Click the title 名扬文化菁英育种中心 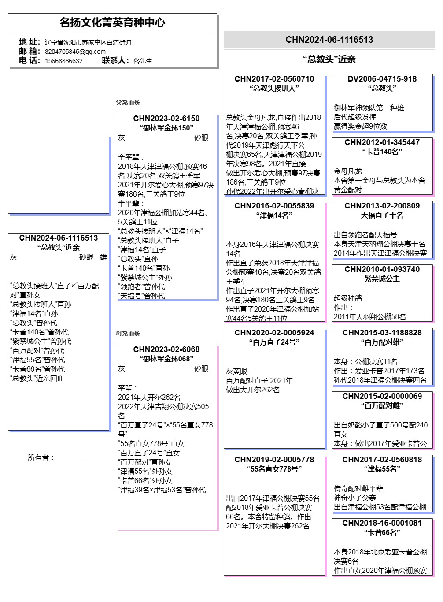click(112, 22)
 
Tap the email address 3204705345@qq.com click(75, 52)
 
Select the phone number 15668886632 click(64, 61)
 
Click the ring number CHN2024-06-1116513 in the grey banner click(329, 40)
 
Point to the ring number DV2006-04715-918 click(382, 79)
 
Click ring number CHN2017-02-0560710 click(274, 79)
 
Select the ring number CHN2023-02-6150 click(166, 119)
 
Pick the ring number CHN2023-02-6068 click(166, 349)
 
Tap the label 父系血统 click(128, 103)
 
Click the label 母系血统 click(128, 334)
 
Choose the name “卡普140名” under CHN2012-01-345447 click(382, 152)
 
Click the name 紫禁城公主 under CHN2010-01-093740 click(382, 279)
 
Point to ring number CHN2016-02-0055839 click(274, 206)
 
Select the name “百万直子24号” click(274, 342)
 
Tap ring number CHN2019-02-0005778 click(274, 460)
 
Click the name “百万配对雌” click(382, 405)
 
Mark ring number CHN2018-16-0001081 click(382, 523)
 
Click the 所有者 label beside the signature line click(41, 457)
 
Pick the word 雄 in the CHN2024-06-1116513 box click(103, 257)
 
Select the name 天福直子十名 click(382, 215)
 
